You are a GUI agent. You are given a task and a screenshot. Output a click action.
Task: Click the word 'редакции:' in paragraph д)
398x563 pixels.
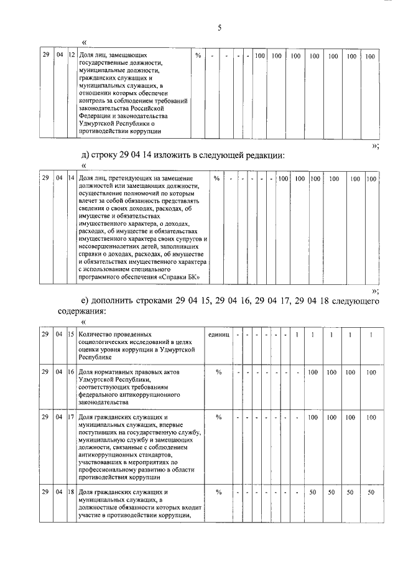pyautogui.click(x=257, y=156)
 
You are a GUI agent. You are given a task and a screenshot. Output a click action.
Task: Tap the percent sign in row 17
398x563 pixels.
pyautogui.click(x=219, y=418)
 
